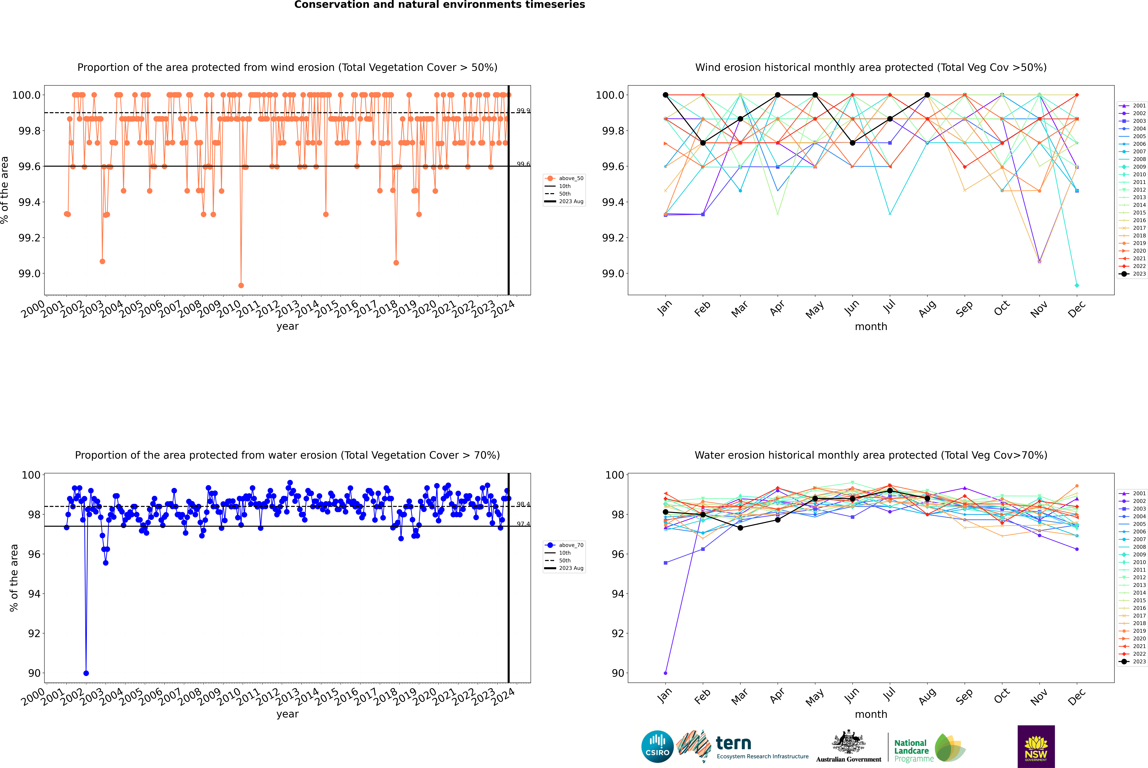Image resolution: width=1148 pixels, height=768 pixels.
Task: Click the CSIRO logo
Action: point(657,746)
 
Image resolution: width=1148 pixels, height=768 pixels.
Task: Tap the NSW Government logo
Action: point(1036,746)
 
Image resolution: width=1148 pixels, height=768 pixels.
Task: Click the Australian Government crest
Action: point(849,742)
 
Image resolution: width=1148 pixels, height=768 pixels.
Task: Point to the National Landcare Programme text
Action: point(911,750)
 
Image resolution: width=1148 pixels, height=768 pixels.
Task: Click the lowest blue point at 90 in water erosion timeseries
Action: point(86,673)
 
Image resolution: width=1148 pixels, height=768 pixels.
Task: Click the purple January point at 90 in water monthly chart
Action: point(666,673)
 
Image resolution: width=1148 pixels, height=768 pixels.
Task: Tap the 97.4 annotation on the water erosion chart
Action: point(523,524)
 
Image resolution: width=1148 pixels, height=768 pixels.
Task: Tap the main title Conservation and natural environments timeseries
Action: point(439,5)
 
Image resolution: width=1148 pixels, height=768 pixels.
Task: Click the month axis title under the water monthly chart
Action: point(871,714)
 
